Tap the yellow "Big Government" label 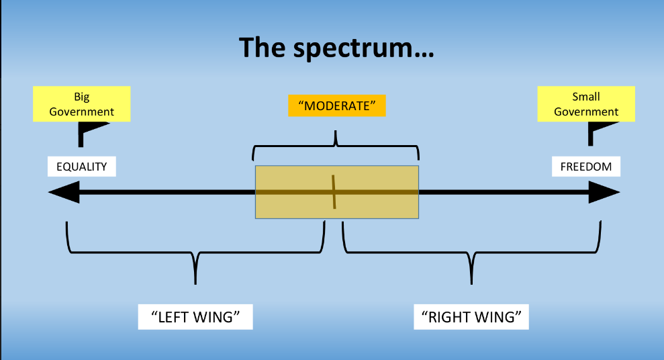[x=82, y=104]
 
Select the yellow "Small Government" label [x=586, y=104]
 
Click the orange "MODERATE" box [x=337, y=106]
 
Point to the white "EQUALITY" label [x=82, y=167]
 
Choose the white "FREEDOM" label [x=586, y=167]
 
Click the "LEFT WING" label [x=195, y=316]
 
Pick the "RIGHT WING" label [x=471, y=316]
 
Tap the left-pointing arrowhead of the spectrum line [x=62, y=193]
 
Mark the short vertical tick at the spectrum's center [x=334, y=192]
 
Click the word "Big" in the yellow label [x=82, y=97]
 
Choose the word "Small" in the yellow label [x=586, y=97]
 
